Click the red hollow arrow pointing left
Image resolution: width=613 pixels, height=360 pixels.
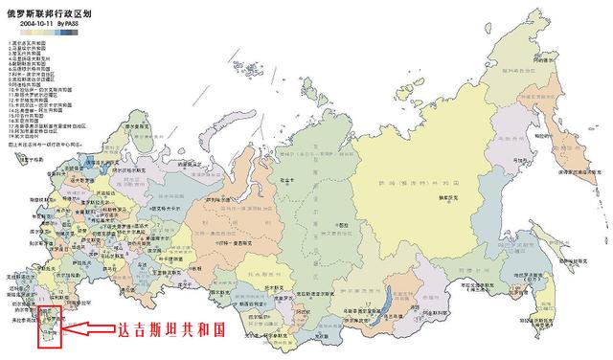coord(91,330)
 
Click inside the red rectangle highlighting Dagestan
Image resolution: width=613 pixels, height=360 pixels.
coord(49,324)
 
